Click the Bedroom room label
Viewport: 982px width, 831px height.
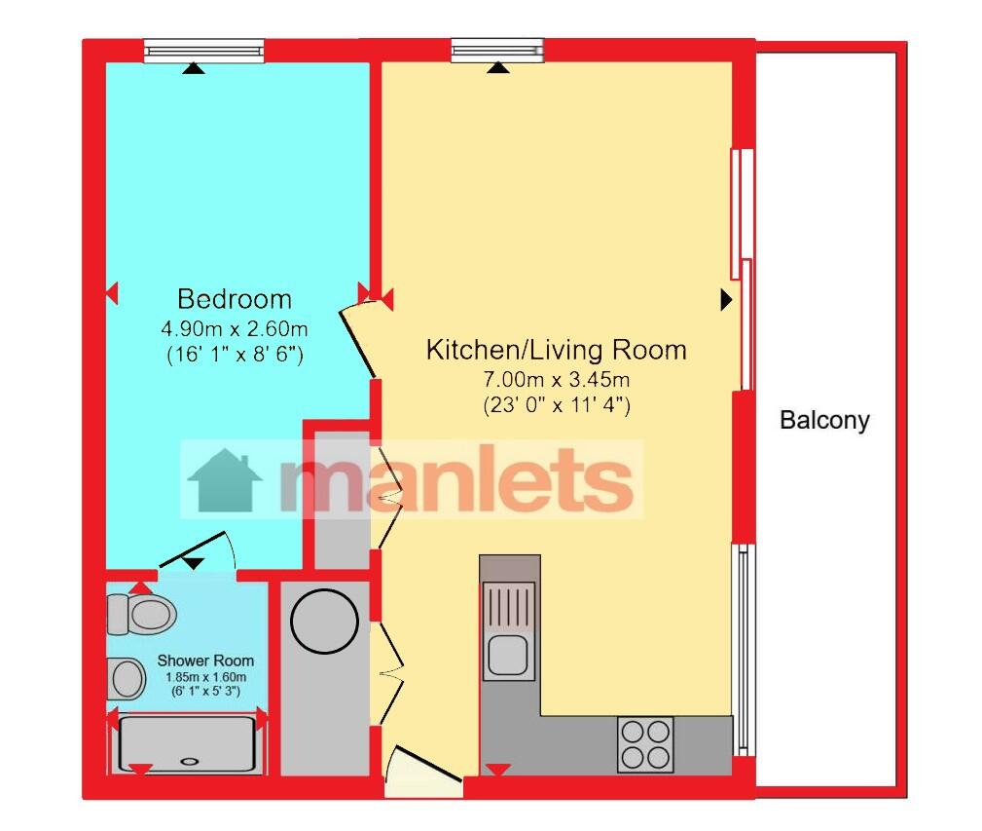pyautogui.click(x=235, y=299)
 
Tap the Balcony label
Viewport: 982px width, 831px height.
pyautogui.click(x=824, y=420)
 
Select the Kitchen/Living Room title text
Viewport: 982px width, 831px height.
pyautogui.click(x=556, y=350)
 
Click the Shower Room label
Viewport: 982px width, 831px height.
pyautogui.click(x=205, y=661)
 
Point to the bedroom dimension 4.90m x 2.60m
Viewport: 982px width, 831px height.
pyautogui.click(x=235, y=328)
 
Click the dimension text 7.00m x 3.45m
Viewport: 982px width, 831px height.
pyautogui.click(x=556, y=379)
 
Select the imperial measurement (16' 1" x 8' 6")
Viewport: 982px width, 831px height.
pyautogui.click(x=235, y=355)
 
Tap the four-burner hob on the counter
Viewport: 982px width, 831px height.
pyautogui.click(x=645, y=744)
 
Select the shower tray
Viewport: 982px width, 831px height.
pyautogui.click(x=187, y=744)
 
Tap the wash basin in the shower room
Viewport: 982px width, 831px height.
pyautogui.click(x=127, y=678)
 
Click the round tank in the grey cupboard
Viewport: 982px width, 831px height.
pyautogui.click(x=324, y=621)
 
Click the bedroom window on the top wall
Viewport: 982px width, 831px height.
pyautogui.click(x=204, y=51)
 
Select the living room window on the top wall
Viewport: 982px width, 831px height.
pyautogui.click(x=497, y=50)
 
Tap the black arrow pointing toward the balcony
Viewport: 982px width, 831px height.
pyautogui.click(x=726, y=299)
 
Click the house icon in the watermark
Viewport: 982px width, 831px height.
pyautogui.click(x=224, y=480)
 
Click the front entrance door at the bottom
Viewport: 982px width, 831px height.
pyautogui.click(x=423, y=770)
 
